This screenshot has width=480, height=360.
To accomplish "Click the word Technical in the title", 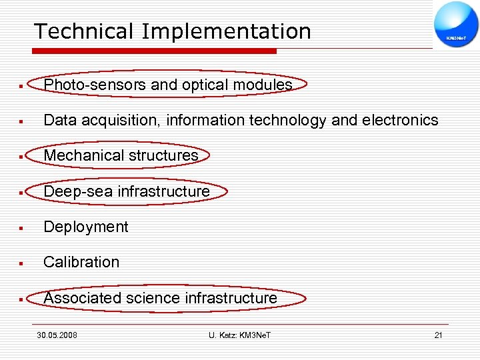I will (x=75, y=31).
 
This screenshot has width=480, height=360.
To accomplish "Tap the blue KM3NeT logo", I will (x=456, y=25).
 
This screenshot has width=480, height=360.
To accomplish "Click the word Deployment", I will (x=86, y=227).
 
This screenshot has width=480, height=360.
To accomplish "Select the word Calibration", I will (x=81, y=263).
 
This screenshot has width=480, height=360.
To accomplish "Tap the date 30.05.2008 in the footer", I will (x=57, y=335).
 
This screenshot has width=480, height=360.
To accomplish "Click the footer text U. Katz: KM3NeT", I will (x=240, y=335).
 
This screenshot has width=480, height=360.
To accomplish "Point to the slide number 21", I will (x=438, y=335).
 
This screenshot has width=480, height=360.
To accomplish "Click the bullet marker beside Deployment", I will (x=22, y=228).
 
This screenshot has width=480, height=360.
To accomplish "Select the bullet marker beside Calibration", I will (x=22, y=263).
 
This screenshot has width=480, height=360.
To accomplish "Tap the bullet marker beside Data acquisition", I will (x=22, y=121).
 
